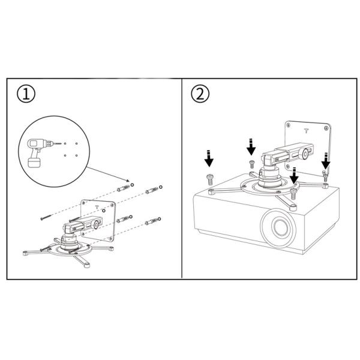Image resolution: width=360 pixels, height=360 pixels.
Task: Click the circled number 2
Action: (x=200, y=95)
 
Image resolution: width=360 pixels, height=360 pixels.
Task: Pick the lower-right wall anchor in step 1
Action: (x=152, y=221)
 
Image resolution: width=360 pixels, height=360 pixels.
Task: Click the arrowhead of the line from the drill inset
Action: (x=128, y=180)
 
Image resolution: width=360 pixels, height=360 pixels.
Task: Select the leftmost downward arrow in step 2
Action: (x=209, y=158)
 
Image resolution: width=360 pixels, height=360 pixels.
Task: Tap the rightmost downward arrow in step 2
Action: (x=325, y=160)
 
